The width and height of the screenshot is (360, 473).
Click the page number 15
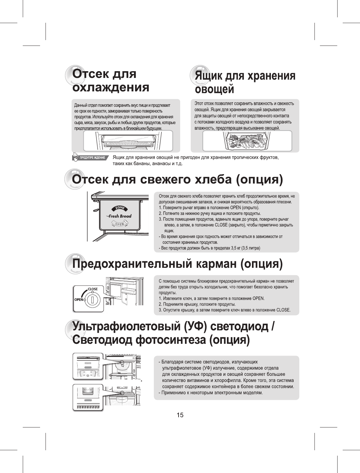(180, 415)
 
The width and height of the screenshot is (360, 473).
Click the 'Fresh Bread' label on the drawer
(120, 216)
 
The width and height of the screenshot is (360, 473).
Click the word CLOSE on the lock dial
(93, 289)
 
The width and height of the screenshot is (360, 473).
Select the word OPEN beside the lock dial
(79, 300)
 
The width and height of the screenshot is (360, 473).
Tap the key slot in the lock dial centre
(92, 300)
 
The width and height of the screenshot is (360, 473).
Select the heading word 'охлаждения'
(111, 87)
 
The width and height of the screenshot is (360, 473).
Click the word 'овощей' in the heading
(214, 89)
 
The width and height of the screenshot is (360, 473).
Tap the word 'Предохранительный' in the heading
(132, 264)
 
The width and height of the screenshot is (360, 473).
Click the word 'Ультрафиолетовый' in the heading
(126, 326)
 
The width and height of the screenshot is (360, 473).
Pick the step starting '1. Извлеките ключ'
(212, 298)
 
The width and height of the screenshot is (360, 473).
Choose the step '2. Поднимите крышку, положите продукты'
(197, 304)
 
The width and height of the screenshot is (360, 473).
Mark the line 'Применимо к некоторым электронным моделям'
(212, 393)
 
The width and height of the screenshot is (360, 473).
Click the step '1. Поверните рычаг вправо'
(209, 207)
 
